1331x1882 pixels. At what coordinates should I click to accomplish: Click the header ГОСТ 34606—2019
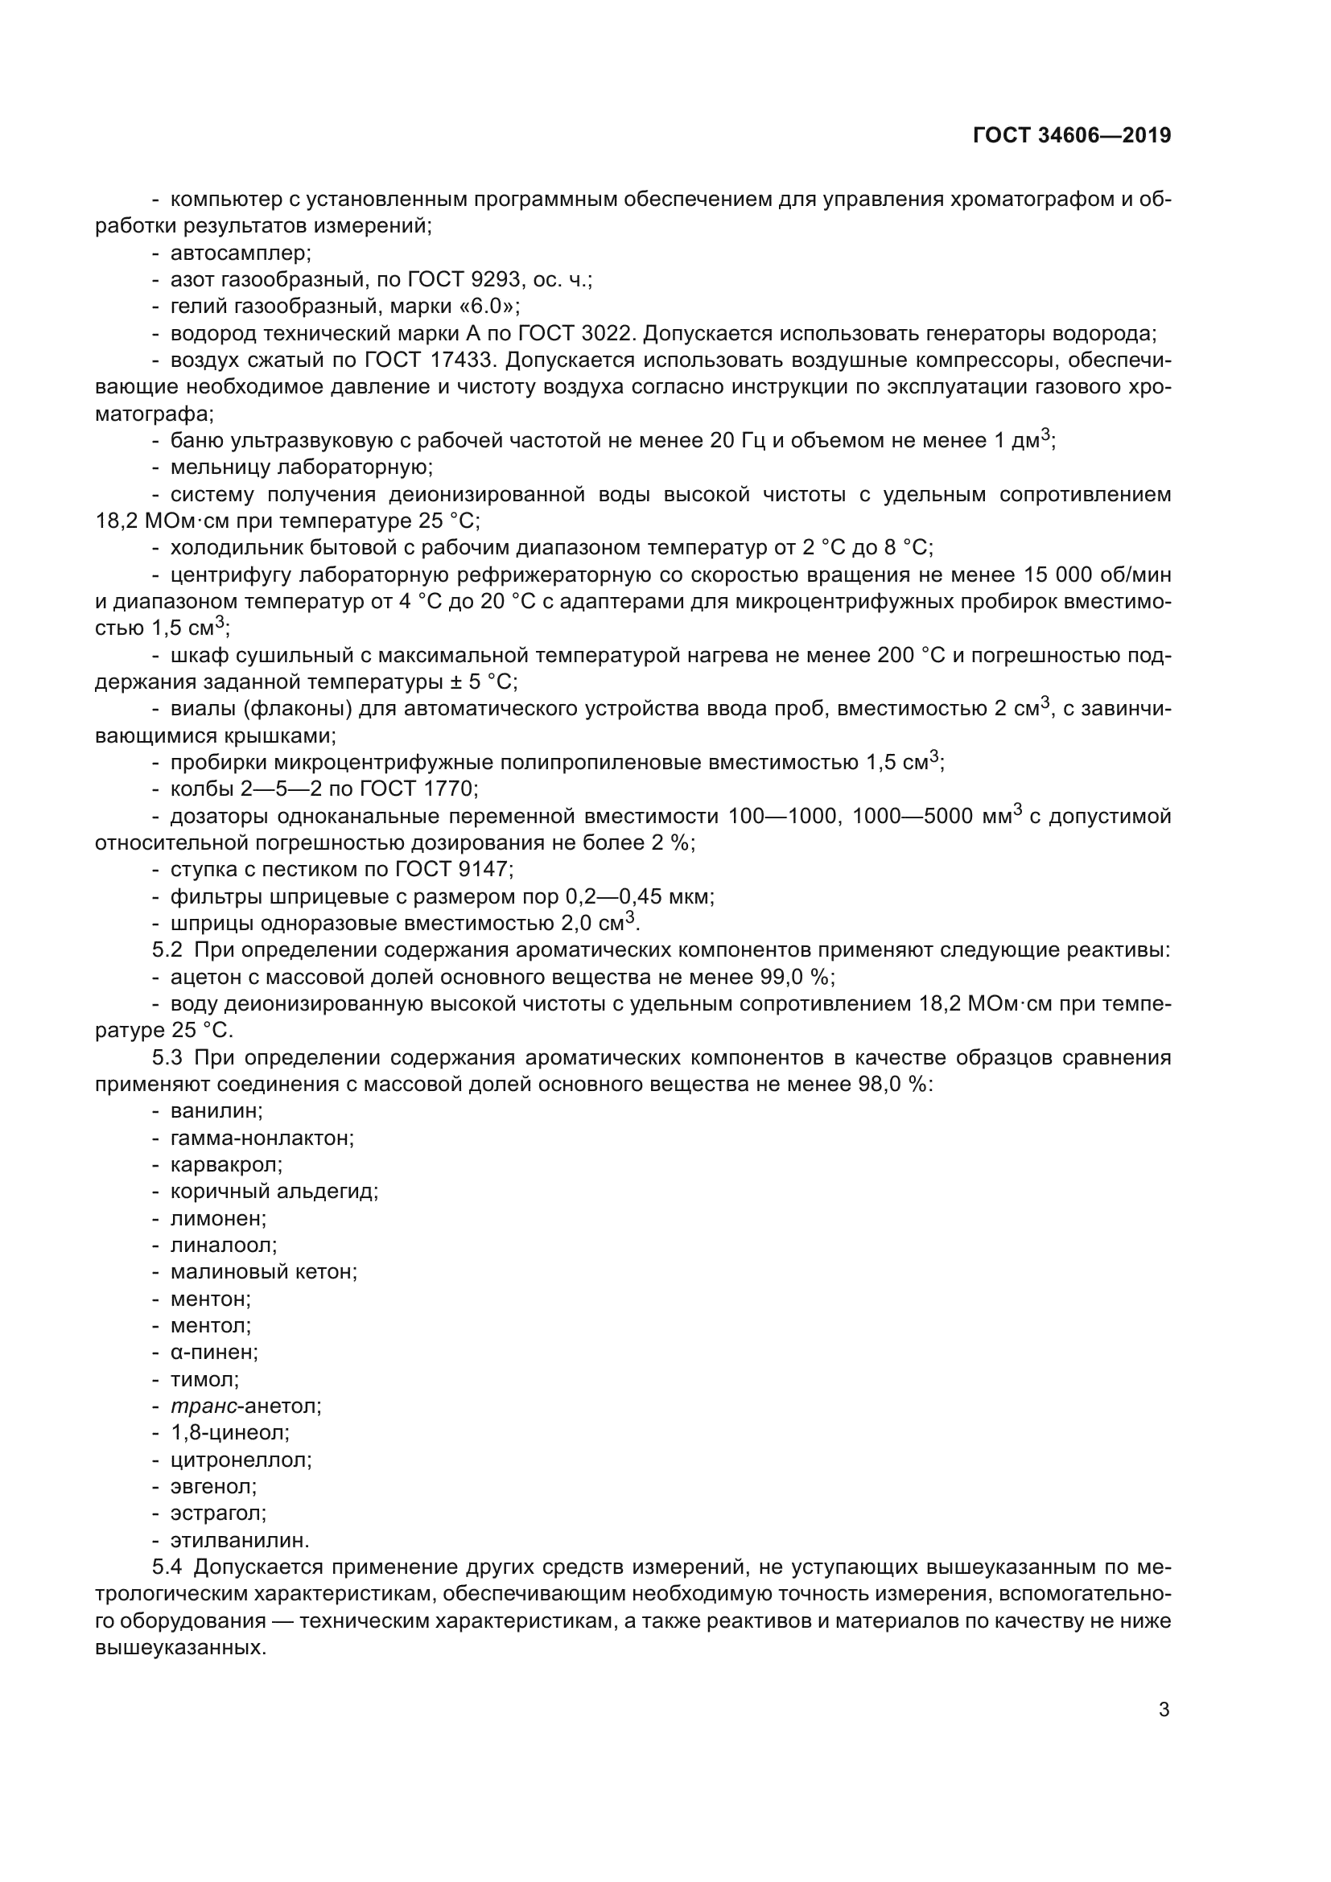click(1072, 135)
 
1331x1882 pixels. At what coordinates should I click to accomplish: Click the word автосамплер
click(240, 253)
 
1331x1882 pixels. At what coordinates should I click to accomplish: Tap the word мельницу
click(219, 467)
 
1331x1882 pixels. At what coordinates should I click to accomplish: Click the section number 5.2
click(167, 950)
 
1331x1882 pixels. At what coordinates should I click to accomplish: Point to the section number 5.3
click(167, 1057)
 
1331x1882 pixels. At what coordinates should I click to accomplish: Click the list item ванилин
click(216, 1110)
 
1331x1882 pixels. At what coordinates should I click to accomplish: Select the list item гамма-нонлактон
click(262, 1138)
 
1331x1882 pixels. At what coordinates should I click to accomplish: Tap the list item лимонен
click(218, 1218)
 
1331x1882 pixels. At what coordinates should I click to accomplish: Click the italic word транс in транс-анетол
click(204, 1406)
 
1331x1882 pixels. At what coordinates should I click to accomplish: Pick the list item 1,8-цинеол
click(229, 1433)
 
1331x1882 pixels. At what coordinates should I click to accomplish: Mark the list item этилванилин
click(239, 1540)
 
